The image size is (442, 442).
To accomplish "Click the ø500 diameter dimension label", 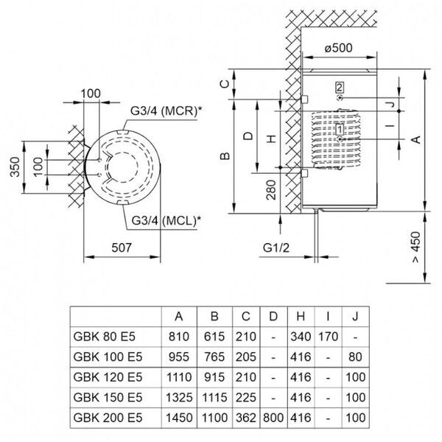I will pos(341,49).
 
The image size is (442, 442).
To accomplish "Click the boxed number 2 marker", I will pos(339,87).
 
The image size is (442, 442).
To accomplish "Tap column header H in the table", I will pos(301,317).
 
